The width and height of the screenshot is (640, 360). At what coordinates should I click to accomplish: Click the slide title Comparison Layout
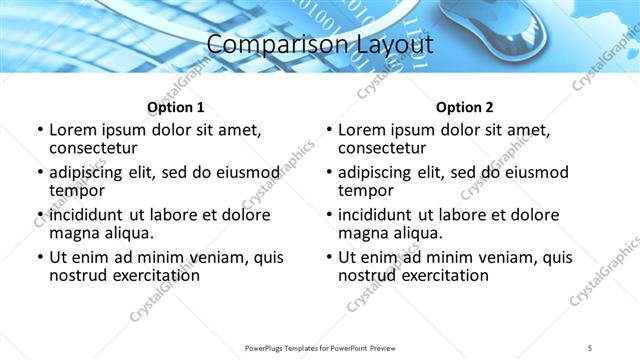pos(320,45)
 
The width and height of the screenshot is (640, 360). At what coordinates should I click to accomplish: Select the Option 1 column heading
pos(175,107)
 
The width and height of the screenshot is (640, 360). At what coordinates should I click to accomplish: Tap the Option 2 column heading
pos(464,107)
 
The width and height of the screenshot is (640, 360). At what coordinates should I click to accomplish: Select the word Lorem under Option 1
pos(73,130)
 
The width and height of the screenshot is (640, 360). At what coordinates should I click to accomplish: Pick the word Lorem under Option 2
pos(362,130)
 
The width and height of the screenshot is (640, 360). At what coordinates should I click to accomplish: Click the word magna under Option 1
pos(73,233)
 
